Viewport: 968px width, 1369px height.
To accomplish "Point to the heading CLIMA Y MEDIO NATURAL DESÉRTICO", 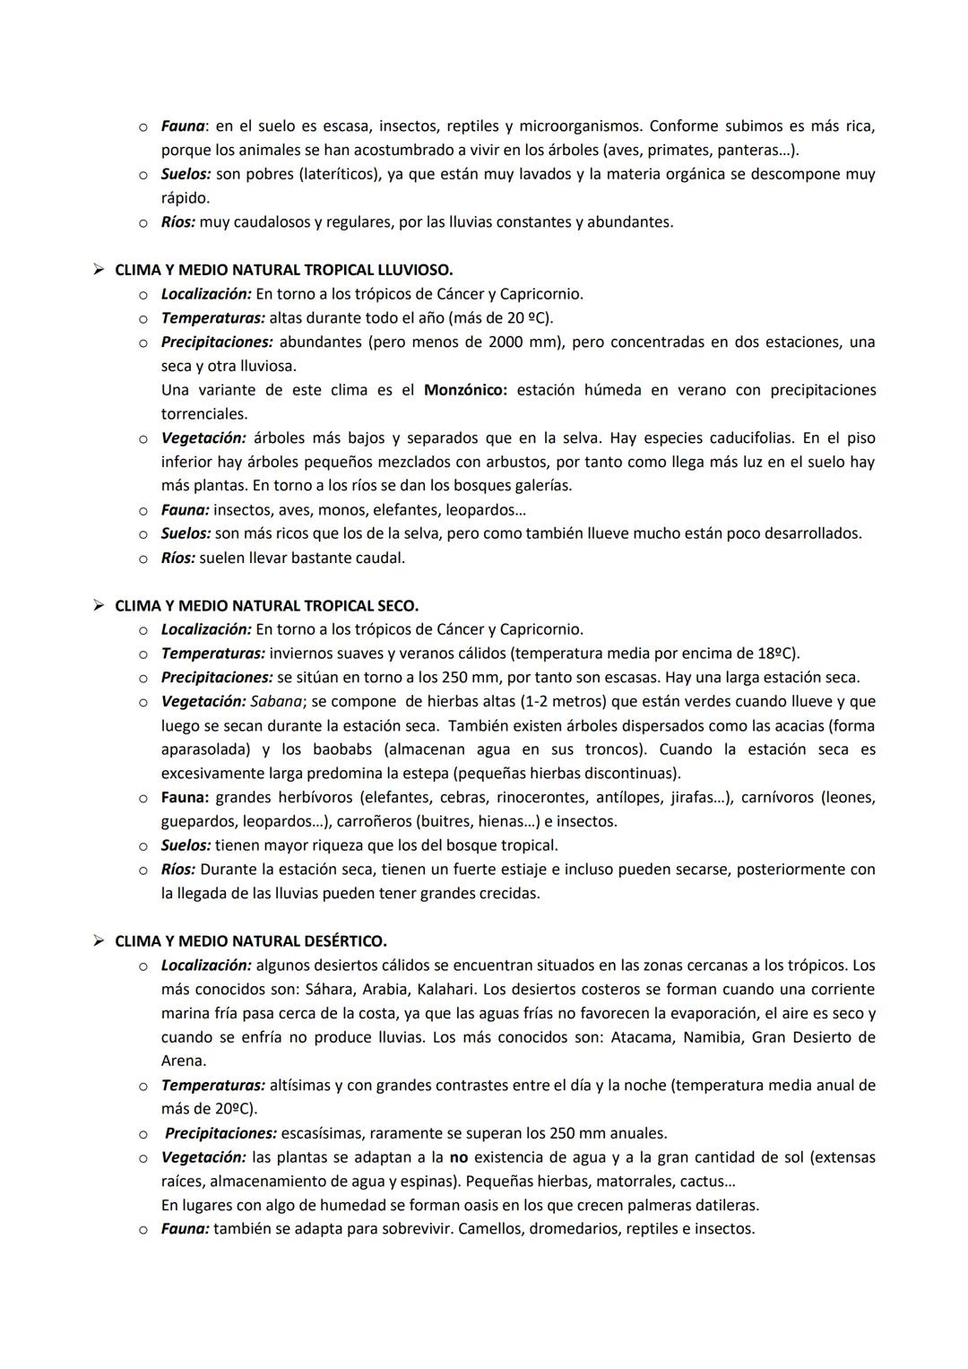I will [251, 941].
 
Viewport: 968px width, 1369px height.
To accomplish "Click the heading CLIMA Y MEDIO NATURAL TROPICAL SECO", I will [266, 606].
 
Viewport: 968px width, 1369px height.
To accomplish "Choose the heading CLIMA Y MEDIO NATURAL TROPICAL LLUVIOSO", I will [283, 270].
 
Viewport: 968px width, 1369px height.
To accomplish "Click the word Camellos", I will [489, 1229].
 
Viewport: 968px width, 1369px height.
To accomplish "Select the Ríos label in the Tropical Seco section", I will [177, 870].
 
